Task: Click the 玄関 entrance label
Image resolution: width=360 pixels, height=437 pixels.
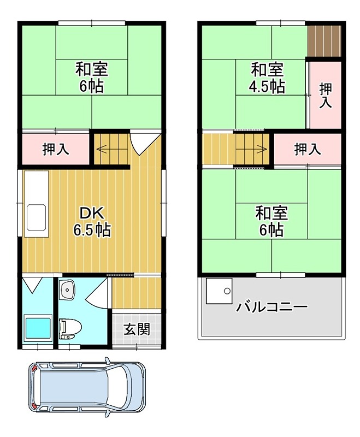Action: pos(137,329)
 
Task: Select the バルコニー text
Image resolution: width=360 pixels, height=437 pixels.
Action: pos(272,306)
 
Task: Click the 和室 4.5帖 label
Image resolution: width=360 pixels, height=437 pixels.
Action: pos(267,78)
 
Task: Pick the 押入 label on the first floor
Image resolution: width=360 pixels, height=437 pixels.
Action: pos(56,149)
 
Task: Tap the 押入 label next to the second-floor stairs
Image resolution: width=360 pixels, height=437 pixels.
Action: pos(308,149)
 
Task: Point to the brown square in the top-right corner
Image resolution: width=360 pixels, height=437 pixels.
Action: pos(324,40)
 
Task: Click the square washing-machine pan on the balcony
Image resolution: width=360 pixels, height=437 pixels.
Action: pos(219,291)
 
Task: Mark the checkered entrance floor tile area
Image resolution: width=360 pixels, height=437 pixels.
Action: pos(137,329)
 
